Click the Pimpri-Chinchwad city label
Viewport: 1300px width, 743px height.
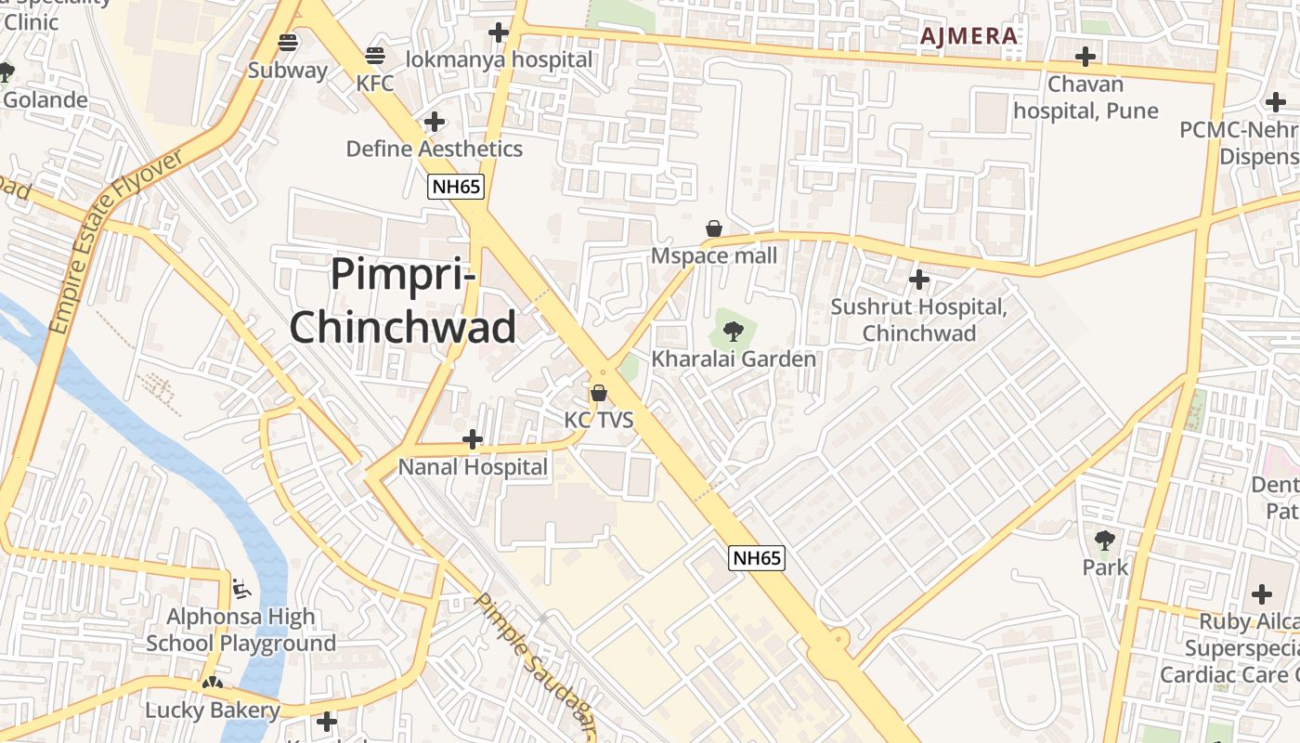coord(404,301)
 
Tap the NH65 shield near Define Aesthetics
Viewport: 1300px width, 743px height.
coord(456,187)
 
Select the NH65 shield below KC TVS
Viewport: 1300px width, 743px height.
coord(757,557)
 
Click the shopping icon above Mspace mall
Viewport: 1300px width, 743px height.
coord(714,228)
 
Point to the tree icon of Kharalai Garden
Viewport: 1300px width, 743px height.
coord(734,332)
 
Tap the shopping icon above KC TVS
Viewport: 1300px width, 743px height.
coord(599,393)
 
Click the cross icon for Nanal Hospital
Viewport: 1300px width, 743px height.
coord(473,438)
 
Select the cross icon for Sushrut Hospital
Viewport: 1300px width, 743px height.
coord(919,279)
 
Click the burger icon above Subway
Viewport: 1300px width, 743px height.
coord(288,43)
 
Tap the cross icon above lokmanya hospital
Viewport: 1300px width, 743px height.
coord(499,33)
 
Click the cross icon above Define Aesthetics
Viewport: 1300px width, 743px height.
coord(434,122)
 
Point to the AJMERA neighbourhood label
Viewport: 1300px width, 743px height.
coord(968,36)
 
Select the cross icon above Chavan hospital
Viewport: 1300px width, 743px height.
coord(1085,57)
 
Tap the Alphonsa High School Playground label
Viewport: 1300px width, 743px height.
coord(241,630)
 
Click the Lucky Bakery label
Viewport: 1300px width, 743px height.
coord(213,710)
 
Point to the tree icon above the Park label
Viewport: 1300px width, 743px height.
coord(1105,540)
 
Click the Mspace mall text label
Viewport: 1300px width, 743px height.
coord(714,255)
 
